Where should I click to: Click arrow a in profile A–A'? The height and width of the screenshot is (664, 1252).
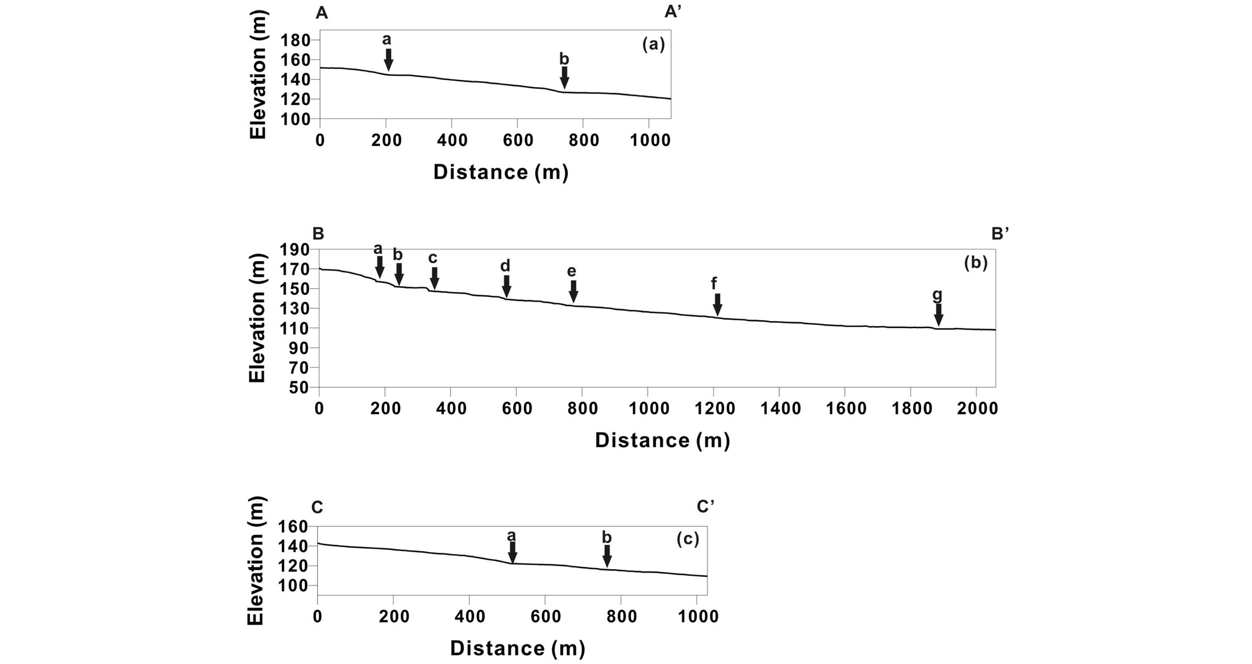[388, 60]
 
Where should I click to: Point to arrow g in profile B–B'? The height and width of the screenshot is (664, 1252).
[939, 315]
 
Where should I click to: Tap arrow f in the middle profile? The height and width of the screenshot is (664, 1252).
[717, 304]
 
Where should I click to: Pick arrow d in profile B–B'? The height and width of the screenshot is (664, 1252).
[507, 286]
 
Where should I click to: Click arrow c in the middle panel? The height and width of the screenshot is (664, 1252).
[434, 278]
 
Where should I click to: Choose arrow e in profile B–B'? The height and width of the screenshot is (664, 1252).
[573, 291]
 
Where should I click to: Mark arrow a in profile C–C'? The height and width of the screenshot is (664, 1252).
[512, 552]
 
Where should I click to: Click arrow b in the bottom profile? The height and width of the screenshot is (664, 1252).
[607, 556]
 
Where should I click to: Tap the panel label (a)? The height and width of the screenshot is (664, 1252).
[653, 45]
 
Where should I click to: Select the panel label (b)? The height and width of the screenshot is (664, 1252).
[976, 263]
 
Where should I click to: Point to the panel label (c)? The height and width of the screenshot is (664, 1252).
[687, 539]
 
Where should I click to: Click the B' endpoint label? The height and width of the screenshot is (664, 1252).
[1000, 234]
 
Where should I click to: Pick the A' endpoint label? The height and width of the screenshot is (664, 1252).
[673, 13]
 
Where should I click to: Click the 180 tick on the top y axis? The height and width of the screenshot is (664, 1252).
[296, 40]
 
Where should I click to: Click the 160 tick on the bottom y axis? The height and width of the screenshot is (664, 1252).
[294, 527]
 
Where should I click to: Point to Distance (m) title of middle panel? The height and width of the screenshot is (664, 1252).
[662, 440]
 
